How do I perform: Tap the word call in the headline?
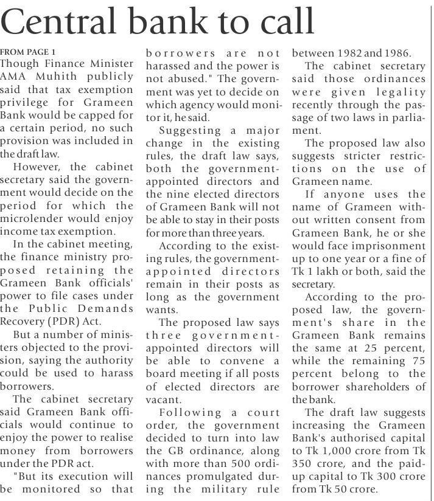tap(282, 22)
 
